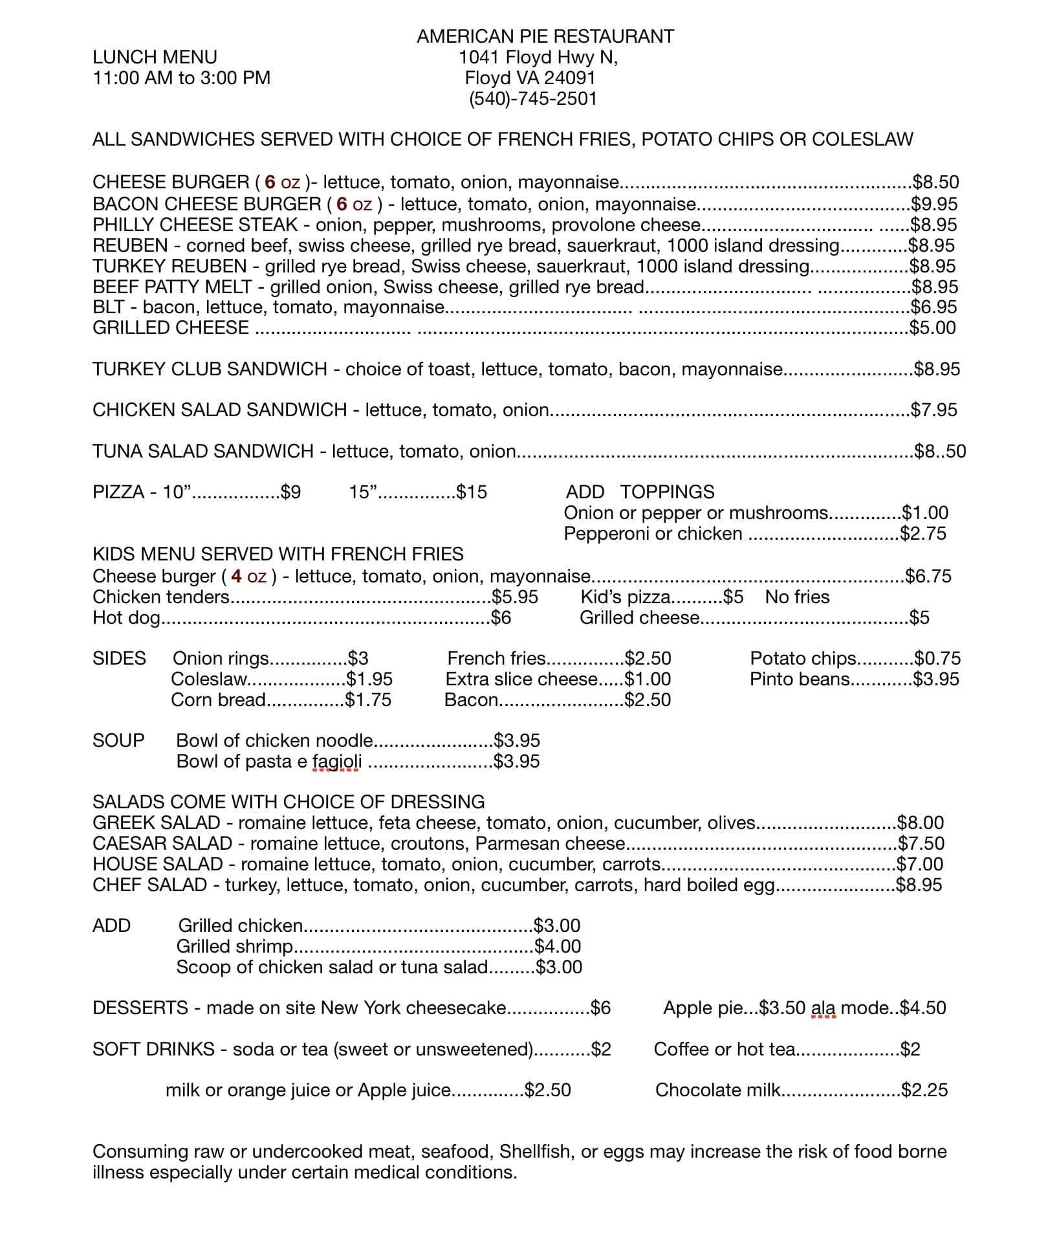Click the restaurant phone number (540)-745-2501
pos(532,99)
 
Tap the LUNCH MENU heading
pos(155,57)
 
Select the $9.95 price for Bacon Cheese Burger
pos(934,204)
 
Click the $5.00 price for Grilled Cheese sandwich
pos(932,328)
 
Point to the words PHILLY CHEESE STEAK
pos(195,225)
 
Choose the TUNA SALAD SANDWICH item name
pos(202,451)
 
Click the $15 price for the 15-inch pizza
pos(472,492)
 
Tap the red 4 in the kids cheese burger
pos(236,576)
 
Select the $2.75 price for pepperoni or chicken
pos(923,534)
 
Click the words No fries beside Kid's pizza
pos(797,597)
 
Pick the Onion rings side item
pos(221,659)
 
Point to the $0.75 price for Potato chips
pos(937,659)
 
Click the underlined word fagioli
pos(336,762)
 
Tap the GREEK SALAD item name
pos(157,823)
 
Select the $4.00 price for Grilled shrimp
pos(558,947)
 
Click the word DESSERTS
pos(140,1008)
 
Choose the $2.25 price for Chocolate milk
pos(924,1090)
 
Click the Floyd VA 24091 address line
pos(530,78)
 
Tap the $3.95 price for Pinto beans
pos(936,680)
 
